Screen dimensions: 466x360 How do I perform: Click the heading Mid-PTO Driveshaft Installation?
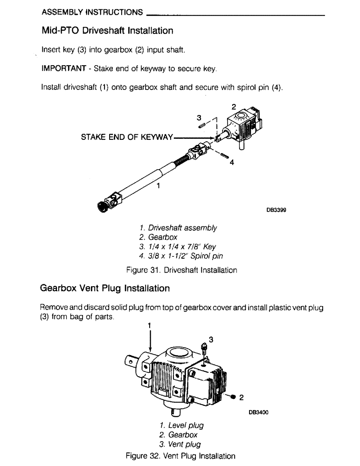click(107, 31)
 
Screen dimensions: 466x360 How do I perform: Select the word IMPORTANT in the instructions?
click(63, 69)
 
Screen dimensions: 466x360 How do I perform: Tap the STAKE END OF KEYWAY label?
click(127, 137)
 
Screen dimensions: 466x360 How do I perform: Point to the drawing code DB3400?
click(259, 412)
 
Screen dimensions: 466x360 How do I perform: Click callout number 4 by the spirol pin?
click(231, 163)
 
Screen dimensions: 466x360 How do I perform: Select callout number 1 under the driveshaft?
click(158, 185)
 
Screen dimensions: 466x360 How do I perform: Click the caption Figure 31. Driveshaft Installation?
click(181, 270)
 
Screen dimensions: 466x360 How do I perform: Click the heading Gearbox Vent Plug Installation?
click(105, 288)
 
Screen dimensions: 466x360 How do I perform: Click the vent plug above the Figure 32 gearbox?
click(203, 347)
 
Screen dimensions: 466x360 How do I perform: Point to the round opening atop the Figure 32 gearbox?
click(180, 351)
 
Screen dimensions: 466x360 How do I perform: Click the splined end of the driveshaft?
click(102, 206)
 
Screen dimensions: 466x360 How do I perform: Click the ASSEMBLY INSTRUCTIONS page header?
click(92, 12)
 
